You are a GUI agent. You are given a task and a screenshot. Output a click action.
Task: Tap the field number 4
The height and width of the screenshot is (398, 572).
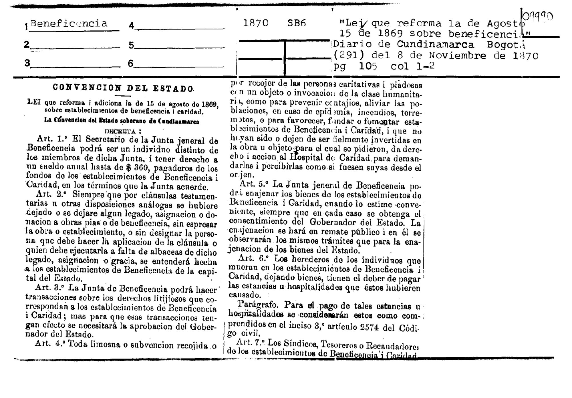point(131,25)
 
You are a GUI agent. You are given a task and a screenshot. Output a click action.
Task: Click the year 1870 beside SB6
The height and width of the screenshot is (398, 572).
point(255,23)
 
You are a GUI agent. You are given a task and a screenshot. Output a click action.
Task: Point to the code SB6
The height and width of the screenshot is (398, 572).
point(297,23)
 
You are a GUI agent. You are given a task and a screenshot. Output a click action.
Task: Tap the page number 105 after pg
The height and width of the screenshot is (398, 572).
point(368,66)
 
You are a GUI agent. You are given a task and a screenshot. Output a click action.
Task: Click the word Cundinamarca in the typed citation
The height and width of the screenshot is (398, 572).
point(435,44)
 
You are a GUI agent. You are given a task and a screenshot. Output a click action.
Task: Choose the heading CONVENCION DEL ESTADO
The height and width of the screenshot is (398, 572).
point(123,88)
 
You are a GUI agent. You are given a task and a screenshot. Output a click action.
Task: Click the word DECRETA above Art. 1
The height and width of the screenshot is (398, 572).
point(120,132)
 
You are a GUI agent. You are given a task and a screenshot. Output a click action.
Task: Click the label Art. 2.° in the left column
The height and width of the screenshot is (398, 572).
point(51,194)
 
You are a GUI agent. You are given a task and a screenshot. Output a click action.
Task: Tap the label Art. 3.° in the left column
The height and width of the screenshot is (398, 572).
point(50,287)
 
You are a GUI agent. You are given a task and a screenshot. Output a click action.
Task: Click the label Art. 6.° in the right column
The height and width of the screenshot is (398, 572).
point(253,258)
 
